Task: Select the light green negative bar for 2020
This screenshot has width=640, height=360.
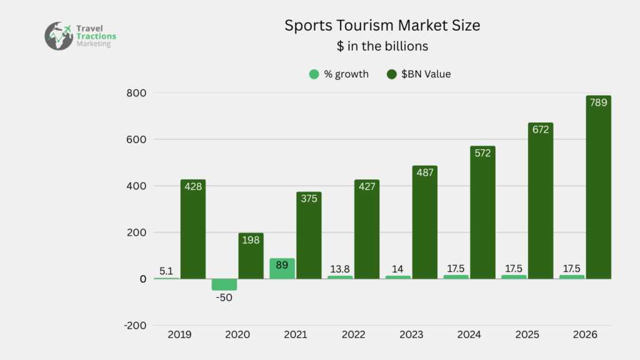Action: point(224,285)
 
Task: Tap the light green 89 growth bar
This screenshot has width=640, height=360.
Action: point(282,269)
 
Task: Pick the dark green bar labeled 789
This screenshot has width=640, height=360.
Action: point(598,187)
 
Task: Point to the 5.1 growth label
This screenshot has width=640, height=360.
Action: point(166,271)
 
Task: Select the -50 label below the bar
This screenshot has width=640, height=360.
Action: point(224,297)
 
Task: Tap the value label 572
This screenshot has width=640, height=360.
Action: point(482,158)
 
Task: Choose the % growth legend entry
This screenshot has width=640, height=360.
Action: point(339,74)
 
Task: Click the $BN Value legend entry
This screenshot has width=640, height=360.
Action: point(419,74)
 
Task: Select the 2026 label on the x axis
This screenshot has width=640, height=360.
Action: point(586,335)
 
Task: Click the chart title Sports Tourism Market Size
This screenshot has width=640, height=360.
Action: point(383,26)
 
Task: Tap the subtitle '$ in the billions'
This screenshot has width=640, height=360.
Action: point(382,46)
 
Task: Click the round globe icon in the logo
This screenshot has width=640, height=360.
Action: point(59,36)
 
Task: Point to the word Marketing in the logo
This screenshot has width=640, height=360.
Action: point(94,44)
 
